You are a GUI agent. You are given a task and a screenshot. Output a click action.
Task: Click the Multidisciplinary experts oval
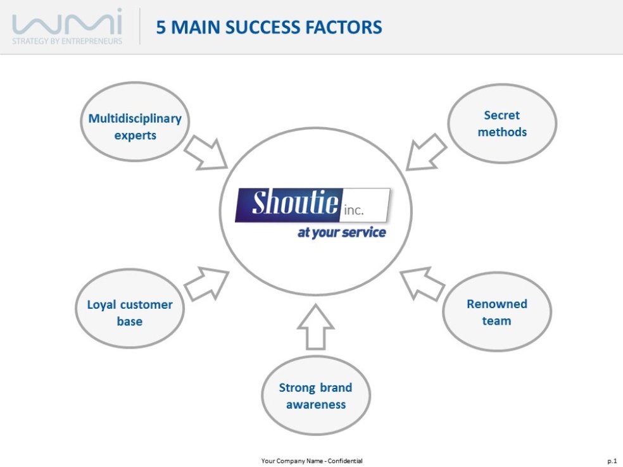point(135,126)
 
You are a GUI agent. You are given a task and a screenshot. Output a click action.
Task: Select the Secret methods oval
point(502,123)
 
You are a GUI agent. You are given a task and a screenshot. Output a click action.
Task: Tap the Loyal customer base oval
point(130,313)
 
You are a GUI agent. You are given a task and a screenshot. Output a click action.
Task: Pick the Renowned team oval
point(496,312)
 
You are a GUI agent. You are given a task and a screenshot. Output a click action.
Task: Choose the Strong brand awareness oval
point(315,395)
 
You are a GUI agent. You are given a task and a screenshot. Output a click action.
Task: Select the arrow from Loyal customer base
point(206,282)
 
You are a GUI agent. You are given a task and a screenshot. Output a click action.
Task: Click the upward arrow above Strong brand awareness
point(315,327)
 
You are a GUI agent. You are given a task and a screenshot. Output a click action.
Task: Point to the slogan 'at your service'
point(341,232)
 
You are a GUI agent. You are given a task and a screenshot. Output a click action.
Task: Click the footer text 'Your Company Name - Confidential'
point(311,461)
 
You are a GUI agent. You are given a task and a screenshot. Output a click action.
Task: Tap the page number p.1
point(612,461)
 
